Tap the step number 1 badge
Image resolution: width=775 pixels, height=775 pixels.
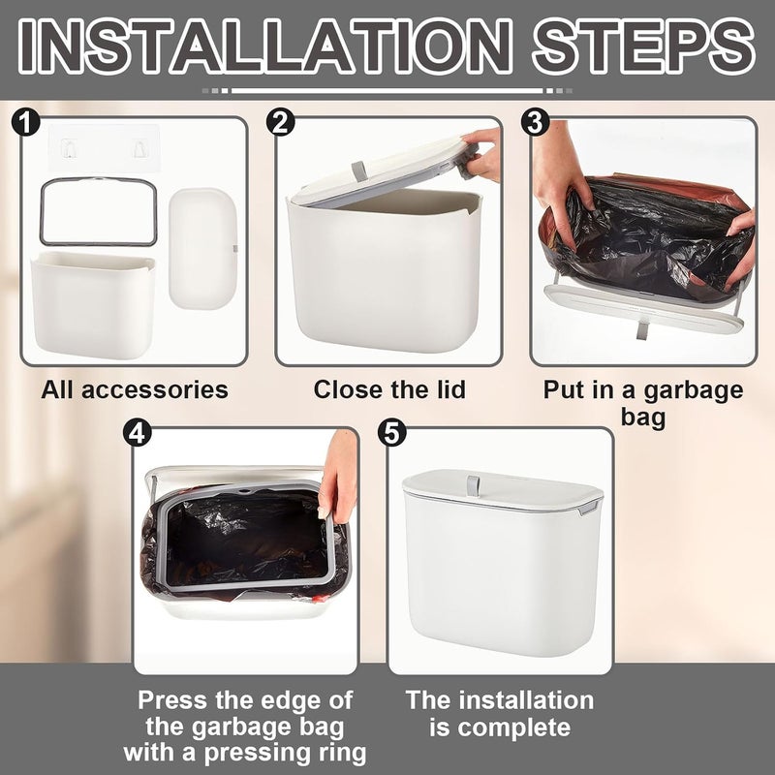[x=25, y=122]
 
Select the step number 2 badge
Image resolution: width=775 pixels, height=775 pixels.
[x=280, y=122]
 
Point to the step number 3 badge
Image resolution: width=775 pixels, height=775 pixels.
[x=536, y=122]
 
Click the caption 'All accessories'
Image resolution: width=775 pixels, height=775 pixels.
[x=135, y=389]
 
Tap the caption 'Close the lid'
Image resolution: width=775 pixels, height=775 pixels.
[x=389, y=389]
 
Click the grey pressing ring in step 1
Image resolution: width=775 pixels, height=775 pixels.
[x=99, y=181]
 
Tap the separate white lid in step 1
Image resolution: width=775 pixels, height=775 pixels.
[x=202, y=248]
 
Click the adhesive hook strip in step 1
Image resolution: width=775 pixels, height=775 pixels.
[x=105, y=147]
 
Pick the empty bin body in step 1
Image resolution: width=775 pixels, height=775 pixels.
[x=93, y=305]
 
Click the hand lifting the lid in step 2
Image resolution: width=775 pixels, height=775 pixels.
[x=480, y=154]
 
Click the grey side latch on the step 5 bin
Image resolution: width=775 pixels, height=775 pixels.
[x=590, y=506]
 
